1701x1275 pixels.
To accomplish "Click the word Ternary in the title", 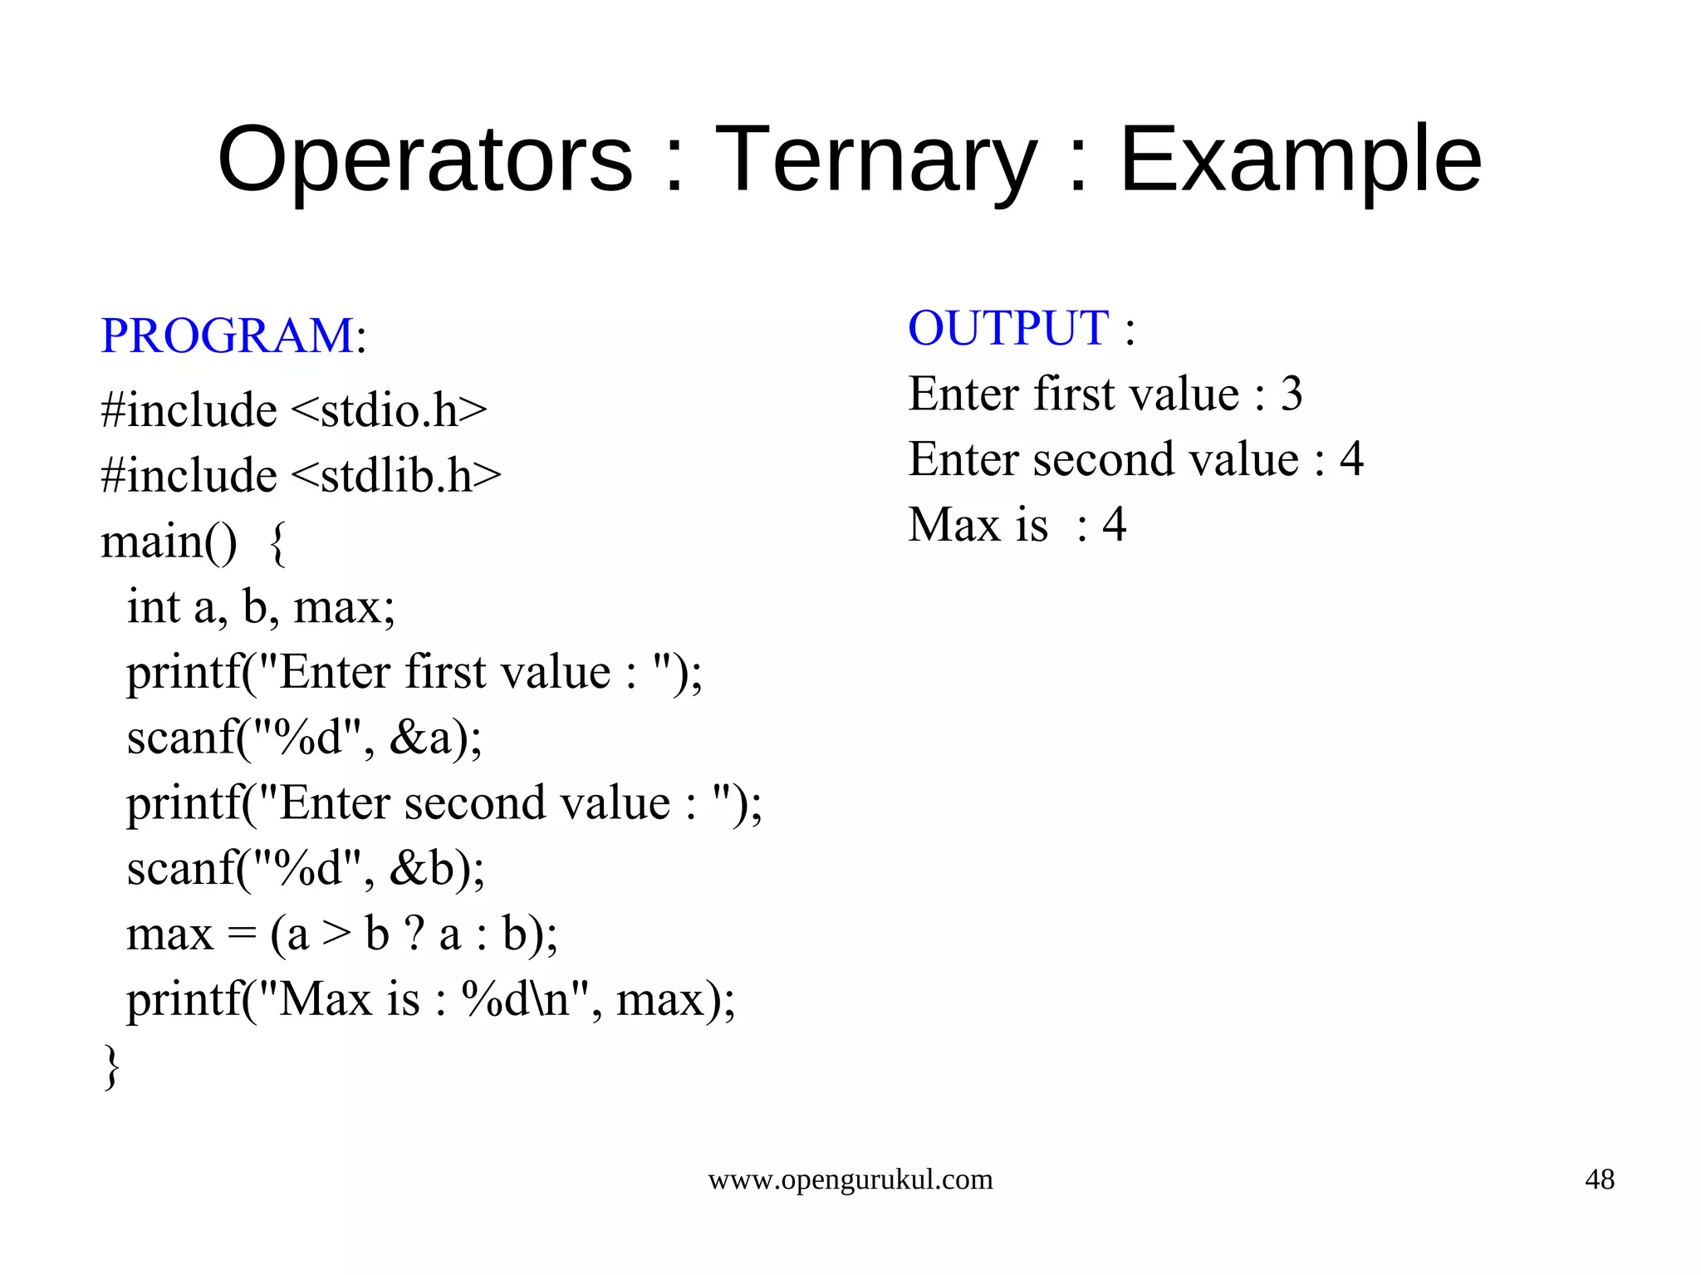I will (875, 159).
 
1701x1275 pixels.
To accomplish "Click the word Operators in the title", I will (424, 159).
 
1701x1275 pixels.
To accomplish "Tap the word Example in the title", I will (1300, 159).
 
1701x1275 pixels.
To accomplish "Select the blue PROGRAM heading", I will (227, 336).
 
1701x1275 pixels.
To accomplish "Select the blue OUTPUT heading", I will (1008, 327).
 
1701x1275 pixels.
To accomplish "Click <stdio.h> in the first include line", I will (389, 410).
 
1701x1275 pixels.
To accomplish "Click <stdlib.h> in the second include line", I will (396, 475).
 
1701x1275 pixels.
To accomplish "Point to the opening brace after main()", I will (278, 544).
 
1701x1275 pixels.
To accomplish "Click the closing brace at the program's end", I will (111, 1067).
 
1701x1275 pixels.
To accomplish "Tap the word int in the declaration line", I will (154, 606).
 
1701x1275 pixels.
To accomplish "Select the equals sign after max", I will (241, 934).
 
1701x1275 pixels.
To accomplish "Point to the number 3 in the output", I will (1292, 394).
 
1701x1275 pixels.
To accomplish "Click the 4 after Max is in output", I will (1114, 524).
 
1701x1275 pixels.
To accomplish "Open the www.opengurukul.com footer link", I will (850, 1179).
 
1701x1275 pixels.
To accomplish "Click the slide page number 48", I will (1599, 1179).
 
